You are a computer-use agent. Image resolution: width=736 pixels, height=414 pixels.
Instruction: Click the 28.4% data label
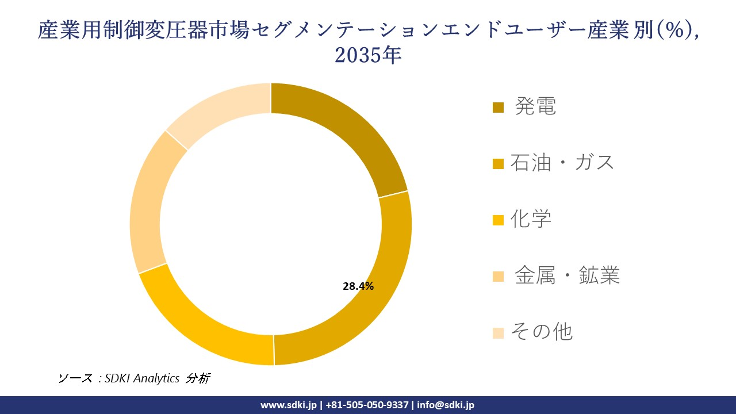tap(358, 286)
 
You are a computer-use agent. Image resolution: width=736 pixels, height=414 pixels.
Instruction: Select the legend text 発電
tap(535, 106)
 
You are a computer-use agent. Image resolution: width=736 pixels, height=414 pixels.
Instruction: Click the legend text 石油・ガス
tap(562, 163)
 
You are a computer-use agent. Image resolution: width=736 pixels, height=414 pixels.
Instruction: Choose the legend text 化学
tap(531, 219)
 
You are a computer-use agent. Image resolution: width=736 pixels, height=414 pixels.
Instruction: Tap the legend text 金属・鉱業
tap(567, 275)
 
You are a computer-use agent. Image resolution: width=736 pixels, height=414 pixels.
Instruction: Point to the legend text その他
tap(542, 332)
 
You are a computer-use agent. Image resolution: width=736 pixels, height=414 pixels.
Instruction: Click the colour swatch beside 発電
tap(499, 108)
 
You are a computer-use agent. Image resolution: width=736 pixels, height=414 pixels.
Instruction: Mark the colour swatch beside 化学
tap(499, 220)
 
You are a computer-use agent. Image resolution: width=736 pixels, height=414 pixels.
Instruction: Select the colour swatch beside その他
tap(499, 332)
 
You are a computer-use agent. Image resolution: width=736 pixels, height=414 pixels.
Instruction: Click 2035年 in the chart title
tap(367, 56)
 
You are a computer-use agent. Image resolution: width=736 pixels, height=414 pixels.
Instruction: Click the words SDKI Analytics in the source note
tap(142, 378)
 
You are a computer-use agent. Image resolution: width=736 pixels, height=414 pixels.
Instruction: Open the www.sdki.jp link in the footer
tap(288, 405)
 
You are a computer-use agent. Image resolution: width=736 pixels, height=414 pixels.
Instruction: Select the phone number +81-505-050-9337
tap(368, 405)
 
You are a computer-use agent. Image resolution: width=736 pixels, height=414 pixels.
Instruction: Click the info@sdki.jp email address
tap(446, 405)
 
